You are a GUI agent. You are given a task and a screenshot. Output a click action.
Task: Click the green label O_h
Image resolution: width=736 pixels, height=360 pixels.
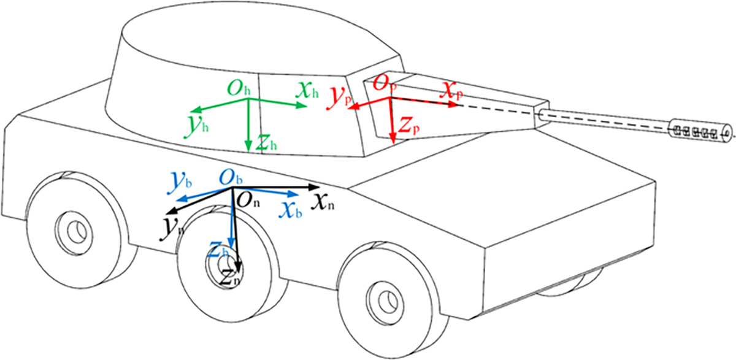(x=239, y=88)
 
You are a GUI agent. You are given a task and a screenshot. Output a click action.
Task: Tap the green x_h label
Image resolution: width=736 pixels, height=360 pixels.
(x=307, y=90)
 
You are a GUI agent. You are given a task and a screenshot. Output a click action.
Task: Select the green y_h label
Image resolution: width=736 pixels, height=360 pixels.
(x=197, y=126)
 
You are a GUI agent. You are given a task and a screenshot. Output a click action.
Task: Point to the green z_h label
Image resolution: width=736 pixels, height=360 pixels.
(x=266, y=142)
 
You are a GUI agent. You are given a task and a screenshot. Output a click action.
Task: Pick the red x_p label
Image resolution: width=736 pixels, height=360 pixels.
(x=451, y=91)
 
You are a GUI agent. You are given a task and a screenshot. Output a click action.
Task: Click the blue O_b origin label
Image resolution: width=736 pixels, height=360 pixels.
(x=231, y=178)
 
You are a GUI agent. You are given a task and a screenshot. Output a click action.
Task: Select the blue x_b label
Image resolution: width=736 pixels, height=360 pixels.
(x=291, y=210)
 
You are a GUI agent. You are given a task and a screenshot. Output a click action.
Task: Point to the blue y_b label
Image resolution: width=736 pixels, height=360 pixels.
(x=180, y=182)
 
